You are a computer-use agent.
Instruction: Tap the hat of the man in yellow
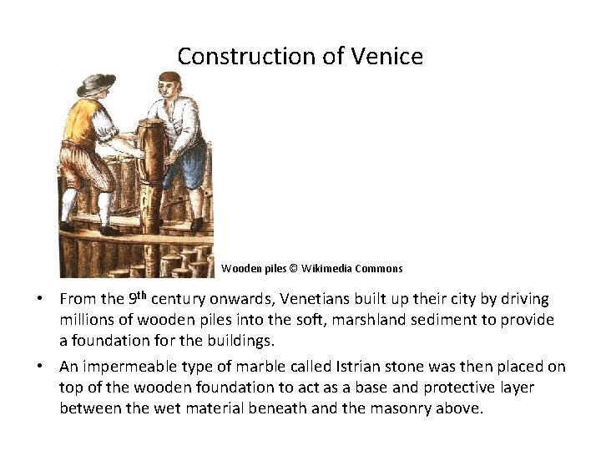pyautogui.click(x=96, y=84)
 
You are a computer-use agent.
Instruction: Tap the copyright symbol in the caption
pyautogui.click(x=293, y=269)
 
